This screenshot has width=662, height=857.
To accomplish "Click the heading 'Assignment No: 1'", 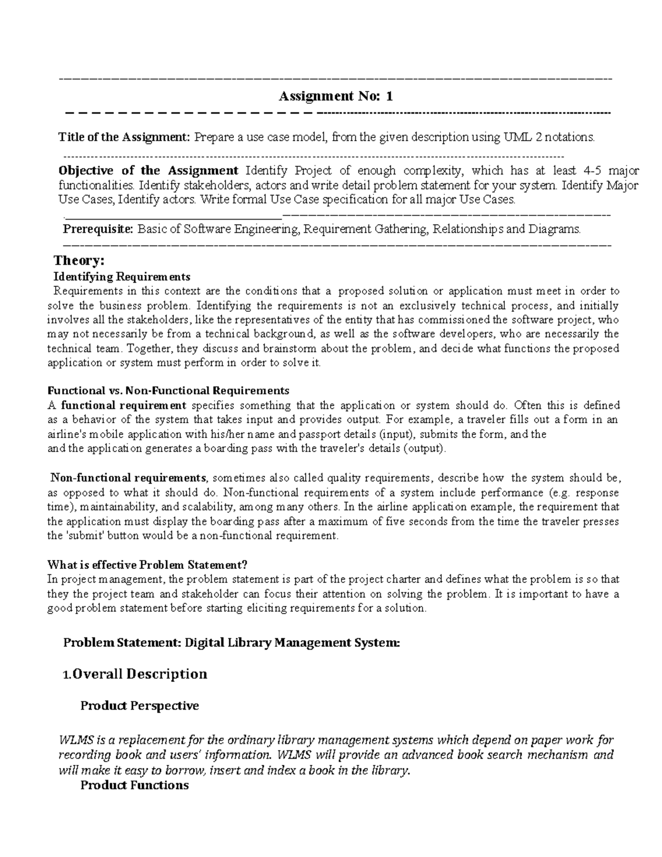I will coord(335,97).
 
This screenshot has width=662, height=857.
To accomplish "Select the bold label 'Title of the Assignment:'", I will coord(125,137).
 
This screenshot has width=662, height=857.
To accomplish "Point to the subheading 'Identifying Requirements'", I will coord(121,276).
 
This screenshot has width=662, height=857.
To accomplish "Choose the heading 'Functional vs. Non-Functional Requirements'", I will coord(168,391).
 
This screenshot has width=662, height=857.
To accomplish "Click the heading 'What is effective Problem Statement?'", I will coord(147,565).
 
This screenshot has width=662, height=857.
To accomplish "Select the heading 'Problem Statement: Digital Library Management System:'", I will coord(231,642).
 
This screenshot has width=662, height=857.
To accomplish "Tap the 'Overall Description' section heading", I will coord(140,674).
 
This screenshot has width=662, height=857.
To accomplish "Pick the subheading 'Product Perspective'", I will coord(140,705).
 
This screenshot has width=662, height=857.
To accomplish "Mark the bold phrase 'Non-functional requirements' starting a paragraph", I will coord(129,478).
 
